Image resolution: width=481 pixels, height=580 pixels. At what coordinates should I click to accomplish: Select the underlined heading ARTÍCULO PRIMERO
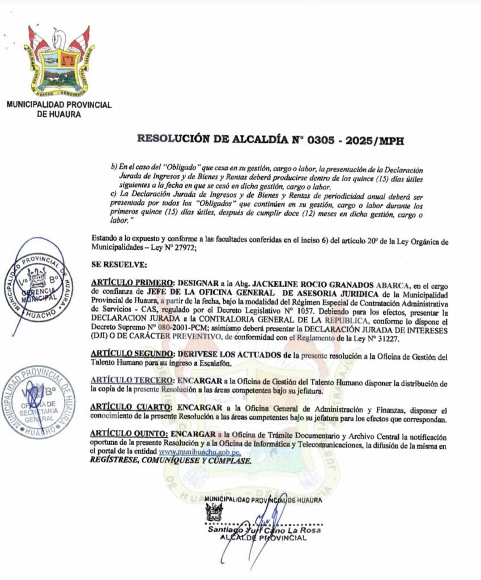coord(133,283)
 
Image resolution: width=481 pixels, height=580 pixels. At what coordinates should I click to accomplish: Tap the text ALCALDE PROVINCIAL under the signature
coord(263,538)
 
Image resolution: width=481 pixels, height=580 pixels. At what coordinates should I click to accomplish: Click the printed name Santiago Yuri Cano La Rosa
coord(265,530)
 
